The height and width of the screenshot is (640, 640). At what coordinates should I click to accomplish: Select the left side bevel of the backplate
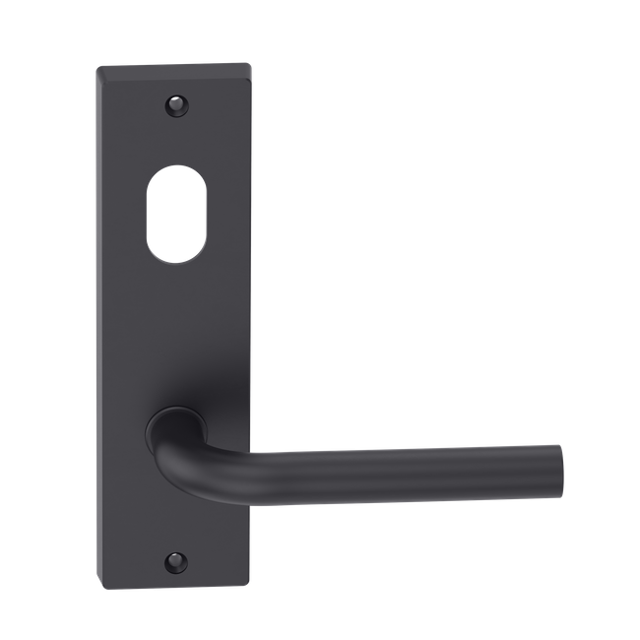pyautogui.click(x=99, y=325)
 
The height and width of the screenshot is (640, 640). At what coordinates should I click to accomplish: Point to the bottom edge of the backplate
pyautogui.click(x=175, y=579)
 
